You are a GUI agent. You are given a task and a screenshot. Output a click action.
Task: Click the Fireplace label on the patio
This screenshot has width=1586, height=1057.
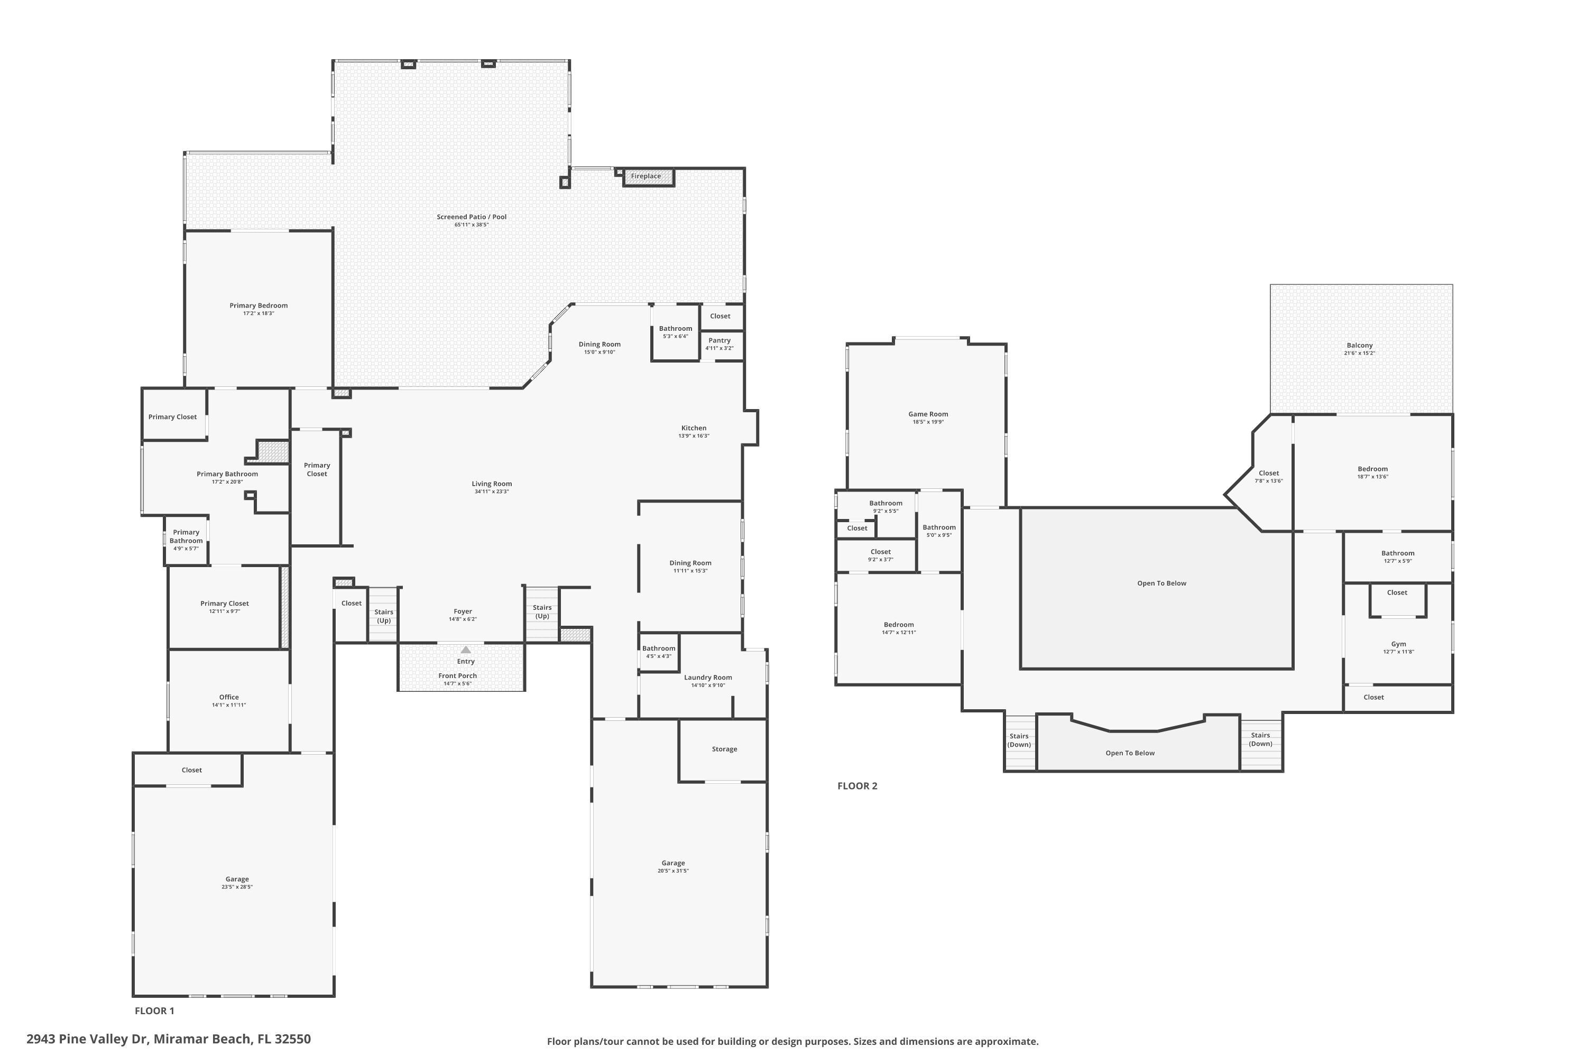tap(646, 177)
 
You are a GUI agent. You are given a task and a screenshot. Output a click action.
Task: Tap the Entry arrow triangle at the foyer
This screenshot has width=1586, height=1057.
tap(465, 650)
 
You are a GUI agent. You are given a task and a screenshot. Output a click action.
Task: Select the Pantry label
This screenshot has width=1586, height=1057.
tap(720, 340)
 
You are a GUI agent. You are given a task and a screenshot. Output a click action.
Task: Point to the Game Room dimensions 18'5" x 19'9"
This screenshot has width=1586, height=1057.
tap(928, 422)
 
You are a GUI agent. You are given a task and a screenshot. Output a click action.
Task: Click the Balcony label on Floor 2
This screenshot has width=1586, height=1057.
tap(1359, 345)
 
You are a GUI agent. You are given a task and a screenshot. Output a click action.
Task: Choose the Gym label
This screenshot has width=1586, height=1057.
tap(1398, 644)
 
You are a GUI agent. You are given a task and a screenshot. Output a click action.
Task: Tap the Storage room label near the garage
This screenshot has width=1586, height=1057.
tap(724, 749)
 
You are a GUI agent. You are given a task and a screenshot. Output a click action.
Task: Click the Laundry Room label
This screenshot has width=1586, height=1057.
tap(707, 678)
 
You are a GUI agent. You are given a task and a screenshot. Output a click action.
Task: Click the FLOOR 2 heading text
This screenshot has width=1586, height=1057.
tap(857, 786)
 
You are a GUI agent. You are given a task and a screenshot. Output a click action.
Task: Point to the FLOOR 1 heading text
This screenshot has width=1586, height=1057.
tap(154, 1010)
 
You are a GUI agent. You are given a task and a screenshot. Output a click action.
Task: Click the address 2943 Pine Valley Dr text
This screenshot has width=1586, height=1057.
tap(169, 1039)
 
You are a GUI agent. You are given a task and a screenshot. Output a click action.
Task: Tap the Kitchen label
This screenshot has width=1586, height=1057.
tap(693, 428)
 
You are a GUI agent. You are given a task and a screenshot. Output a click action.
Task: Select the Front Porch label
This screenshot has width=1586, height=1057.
tap(457, 675)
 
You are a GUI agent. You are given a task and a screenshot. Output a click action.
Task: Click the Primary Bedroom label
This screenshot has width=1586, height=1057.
tap(259, 305)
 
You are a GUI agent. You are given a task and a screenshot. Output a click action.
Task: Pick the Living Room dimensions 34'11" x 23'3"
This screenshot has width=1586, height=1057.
tap(491, 492)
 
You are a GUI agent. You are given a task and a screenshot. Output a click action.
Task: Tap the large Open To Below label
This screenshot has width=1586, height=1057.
tap(1161, 583)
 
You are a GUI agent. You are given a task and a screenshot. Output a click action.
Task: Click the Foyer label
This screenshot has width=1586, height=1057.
tap(463, 611)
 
